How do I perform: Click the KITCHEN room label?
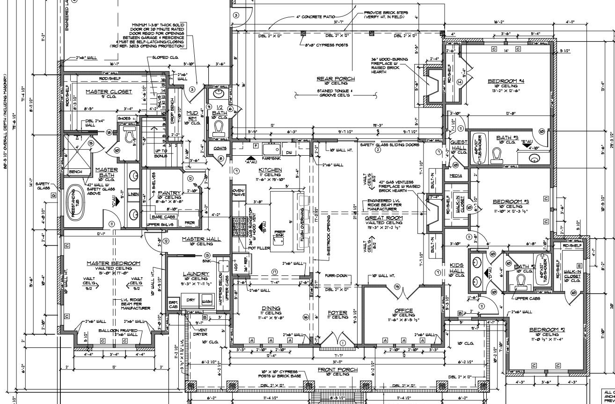tap(271, 170)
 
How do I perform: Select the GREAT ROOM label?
tap(384, 218)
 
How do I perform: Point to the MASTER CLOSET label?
tap(109, 92)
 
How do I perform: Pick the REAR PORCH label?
tap(336, 79)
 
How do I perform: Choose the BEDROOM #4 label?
tap(505, 81)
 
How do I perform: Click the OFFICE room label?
tap(403, 310)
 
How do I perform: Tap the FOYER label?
tap(337, 312)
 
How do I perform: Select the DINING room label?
tap(271, 308)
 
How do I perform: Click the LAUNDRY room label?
tap(196, 274)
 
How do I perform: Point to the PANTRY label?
tap(169, 192)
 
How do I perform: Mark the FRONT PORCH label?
tap(337, 369)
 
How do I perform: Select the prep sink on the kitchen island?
tap(280, 234)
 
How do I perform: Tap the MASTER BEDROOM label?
tap(113, 263)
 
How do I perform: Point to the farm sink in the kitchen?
tap(271, 150)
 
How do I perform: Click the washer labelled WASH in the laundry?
tap(206, 302)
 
